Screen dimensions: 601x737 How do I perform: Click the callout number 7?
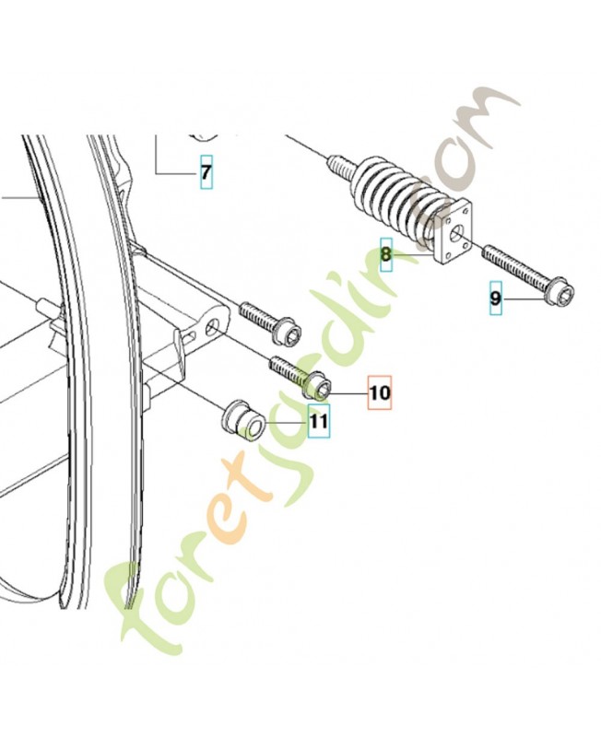[x=206, y=172]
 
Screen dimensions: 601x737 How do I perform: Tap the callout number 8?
[x=386, y=255]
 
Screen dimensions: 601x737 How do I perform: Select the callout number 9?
[x=495, y=298]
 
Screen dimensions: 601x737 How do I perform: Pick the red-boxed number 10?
[x=380, y=392]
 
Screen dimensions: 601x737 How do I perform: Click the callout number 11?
[x=319, y=421]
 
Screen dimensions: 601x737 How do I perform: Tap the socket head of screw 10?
[x=318, y=383]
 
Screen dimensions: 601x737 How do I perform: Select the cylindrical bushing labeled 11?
[x=243, y=421]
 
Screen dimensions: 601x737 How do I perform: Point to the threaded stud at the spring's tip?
[x=339, y=167]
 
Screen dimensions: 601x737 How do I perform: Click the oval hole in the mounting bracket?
[x=213, y=327]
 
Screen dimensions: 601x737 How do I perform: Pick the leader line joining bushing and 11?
[x=286, y=423]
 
